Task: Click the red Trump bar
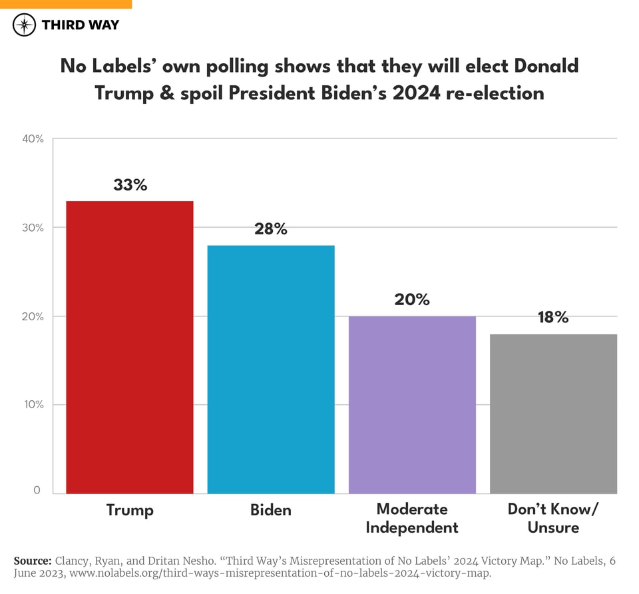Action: pyautogui.click(x=130, y=347)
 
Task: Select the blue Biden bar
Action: pyautogui.click(x=271, y=369)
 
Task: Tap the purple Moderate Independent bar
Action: pyautogui.click(x=412, y=404)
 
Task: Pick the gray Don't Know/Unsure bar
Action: pyautogui.click(x=553, y=414)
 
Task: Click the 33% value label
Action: pyautogui.click(x=130, y=185)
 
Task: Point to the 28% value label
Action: pyautogui.click(x=271, y=229)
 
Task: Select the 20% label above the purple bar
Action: pyautogui.click(x=412, y=300)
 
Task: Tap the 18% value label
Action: pyautogui.click(x=553, y=317)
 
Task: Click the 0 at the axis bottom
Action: pyautogui.click(x=37, y=490)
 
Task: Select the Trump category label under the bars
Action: pyautogui.click(x=130, y=510)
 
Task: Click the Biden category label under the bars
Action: pyautogui.click(x=271, y=510)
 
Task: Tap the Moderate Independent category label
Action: pyautogui.click(x=412, y=518)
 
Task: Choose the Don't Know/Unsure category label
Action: pyautogui.click(x=553, y=518)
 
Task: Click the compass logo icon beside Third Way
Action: pyautogui.click(x=25, y=25)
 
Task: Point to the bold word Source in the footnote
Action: pyautogui.click(x=32, y=561)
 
